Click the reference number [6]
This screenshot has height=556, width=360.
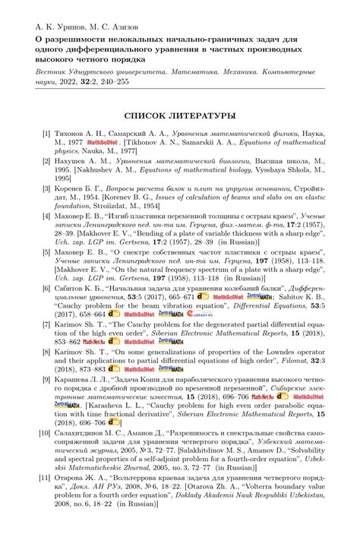(46, 289)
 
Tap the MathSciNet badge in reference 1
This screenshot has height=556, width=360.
(99, 142)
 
